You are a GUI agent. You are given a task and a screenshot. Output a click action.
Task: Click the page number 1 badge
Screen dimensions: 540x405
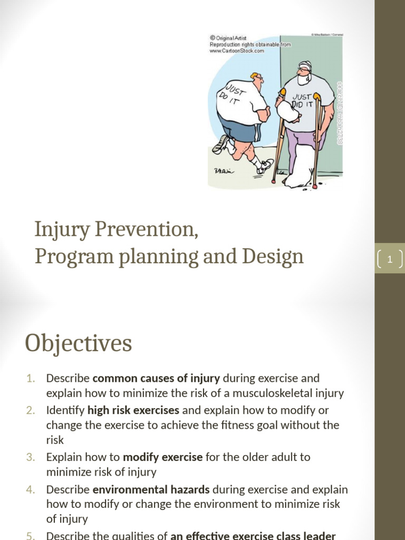coord(390,259)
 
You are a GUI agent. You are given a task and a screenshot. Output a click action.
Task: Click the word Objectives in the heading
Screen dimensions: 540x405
coord(78,344)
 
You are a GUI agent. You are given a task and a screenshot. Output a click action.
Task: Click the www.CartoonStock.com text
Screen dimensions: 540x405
coord(237,51)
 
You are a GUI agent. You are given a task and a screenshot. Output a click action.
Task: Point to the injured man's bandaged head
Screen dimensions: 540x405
coord(305,71)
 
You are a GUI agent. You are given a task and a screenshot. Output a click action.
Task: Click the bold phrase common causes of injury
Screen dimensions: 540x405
coord(156,378)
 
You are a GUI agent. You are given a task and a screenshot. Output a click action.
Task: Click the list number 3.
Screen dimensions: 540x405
coord(30,457)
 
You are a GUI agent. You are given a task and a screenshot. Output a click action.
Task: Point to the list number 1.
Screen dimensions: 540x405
coord(30,378)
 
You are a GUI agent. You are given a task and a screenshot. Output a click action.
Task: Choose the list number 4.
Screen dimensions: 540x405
coord(30,489)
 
